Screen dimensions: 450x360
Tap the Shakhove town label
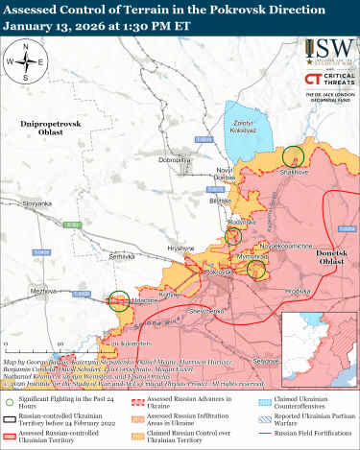click(x=294, y=173)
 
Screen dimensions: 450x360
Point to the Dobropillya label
click(x=179, y=159)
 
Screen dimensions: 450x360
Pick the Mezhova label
click(x=43, y=290)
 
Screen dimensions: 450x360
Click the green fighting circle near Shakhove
click(x=295, y=154)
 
